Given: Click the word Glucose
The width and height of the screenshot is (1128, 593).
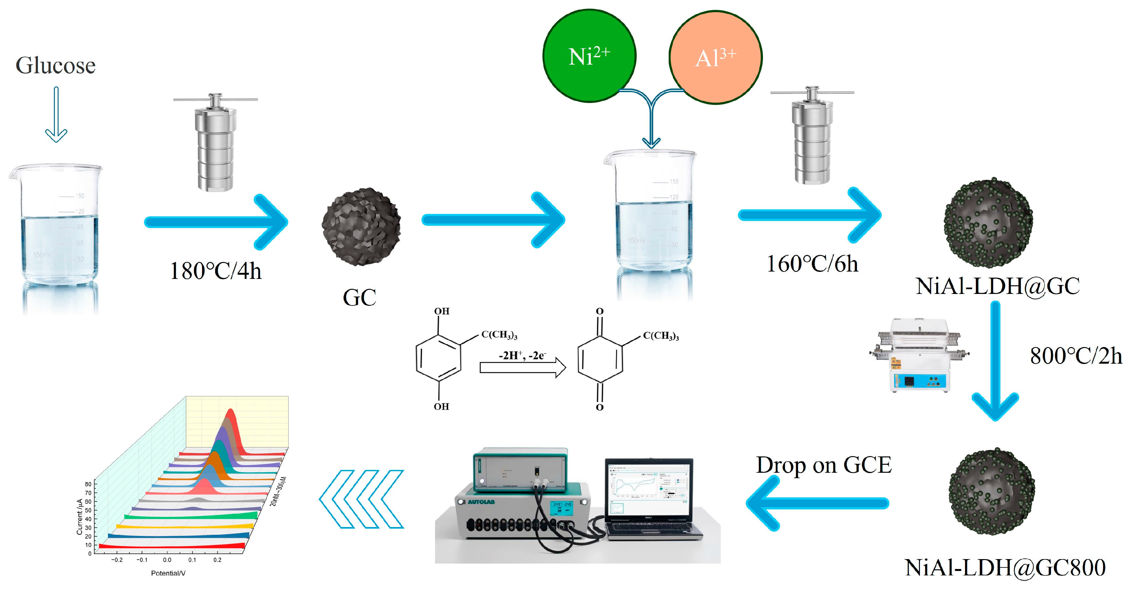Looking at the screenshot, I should [56, 66].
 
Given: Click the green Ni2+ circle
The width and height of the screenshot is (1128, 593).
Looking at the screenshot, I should [589, 56].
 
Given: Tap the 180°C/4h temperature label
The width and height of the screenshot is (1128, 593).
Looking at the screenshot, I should [215, 271].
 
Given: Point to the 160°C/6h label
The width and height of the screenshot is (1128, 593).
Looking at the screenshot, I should [812, 264].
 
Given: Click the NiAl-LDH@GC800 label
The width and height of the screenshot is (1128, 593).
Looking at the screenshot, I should [1005, 568].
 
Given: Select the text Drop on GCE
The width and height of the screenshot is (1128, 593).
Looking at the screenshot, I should [823, 465].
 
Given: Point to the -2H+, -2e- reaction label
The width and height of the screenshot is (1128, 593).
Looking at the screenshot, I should [522, 355].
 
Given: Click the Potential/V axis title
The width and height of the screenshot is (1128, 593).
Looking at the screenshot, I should [168, 573].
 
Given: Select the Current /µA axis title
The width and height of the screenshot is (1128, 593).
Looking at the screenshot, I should [80, 517].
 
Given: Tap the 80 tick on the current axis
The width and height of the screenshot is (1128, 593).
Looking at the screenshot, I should [88, 484].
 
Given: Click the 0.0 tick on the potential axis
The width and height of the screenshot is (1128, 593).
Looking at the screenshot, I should [167, 560].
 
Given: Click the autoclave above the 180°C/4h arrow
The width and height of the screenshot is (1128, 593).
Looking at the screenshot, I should [215, 142].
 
